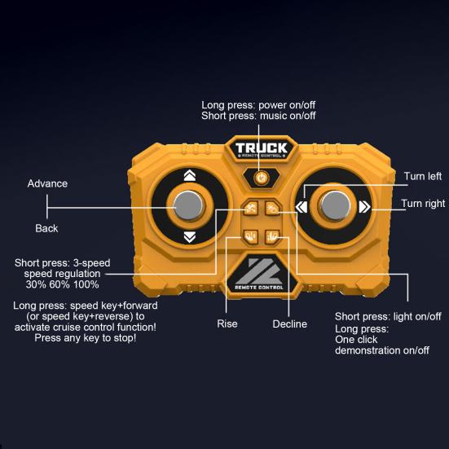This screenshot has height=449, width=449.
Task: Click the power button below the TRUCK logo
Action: click(261, 178)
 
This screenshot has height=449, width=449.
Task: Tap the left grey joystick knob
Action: click(188, 205)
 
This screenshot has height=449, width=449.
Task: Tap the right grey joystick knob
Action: click(335, 206)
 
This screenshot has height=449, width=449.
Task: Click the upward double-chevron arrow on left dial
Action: click(190, 175)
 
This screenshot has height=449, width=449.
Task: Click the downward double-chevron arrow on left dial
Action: click(190, 237)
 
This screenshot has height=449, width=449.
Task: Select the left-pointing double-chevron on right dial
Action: click(302, 207)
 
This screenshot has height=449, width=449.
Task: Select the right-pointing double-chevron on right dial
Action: click(364, 207)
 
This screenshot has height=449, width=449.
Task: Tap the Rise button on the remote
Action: click(250, 237)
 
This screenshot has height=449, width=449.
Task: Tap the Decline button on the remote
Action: click(272, 237)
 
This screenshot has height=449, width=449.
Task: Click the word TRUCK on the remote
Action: click(261, 147)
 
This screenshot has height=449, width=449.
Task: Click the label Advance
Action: click(47, 183)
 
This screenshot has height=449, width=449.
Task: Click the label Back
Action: click(46, 228)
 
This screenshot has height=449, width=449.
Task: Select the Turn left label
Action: click(423, 176)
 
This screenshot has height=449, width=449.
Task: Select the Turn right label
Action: click(423, 203)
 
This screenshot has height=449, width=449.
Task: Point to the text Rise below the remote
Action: click(227, 324)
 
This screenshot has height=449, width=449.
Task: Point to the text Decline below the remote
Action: click(290, 324)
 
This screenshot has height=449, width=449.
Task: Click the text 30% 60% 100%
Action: click(63, 284)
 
